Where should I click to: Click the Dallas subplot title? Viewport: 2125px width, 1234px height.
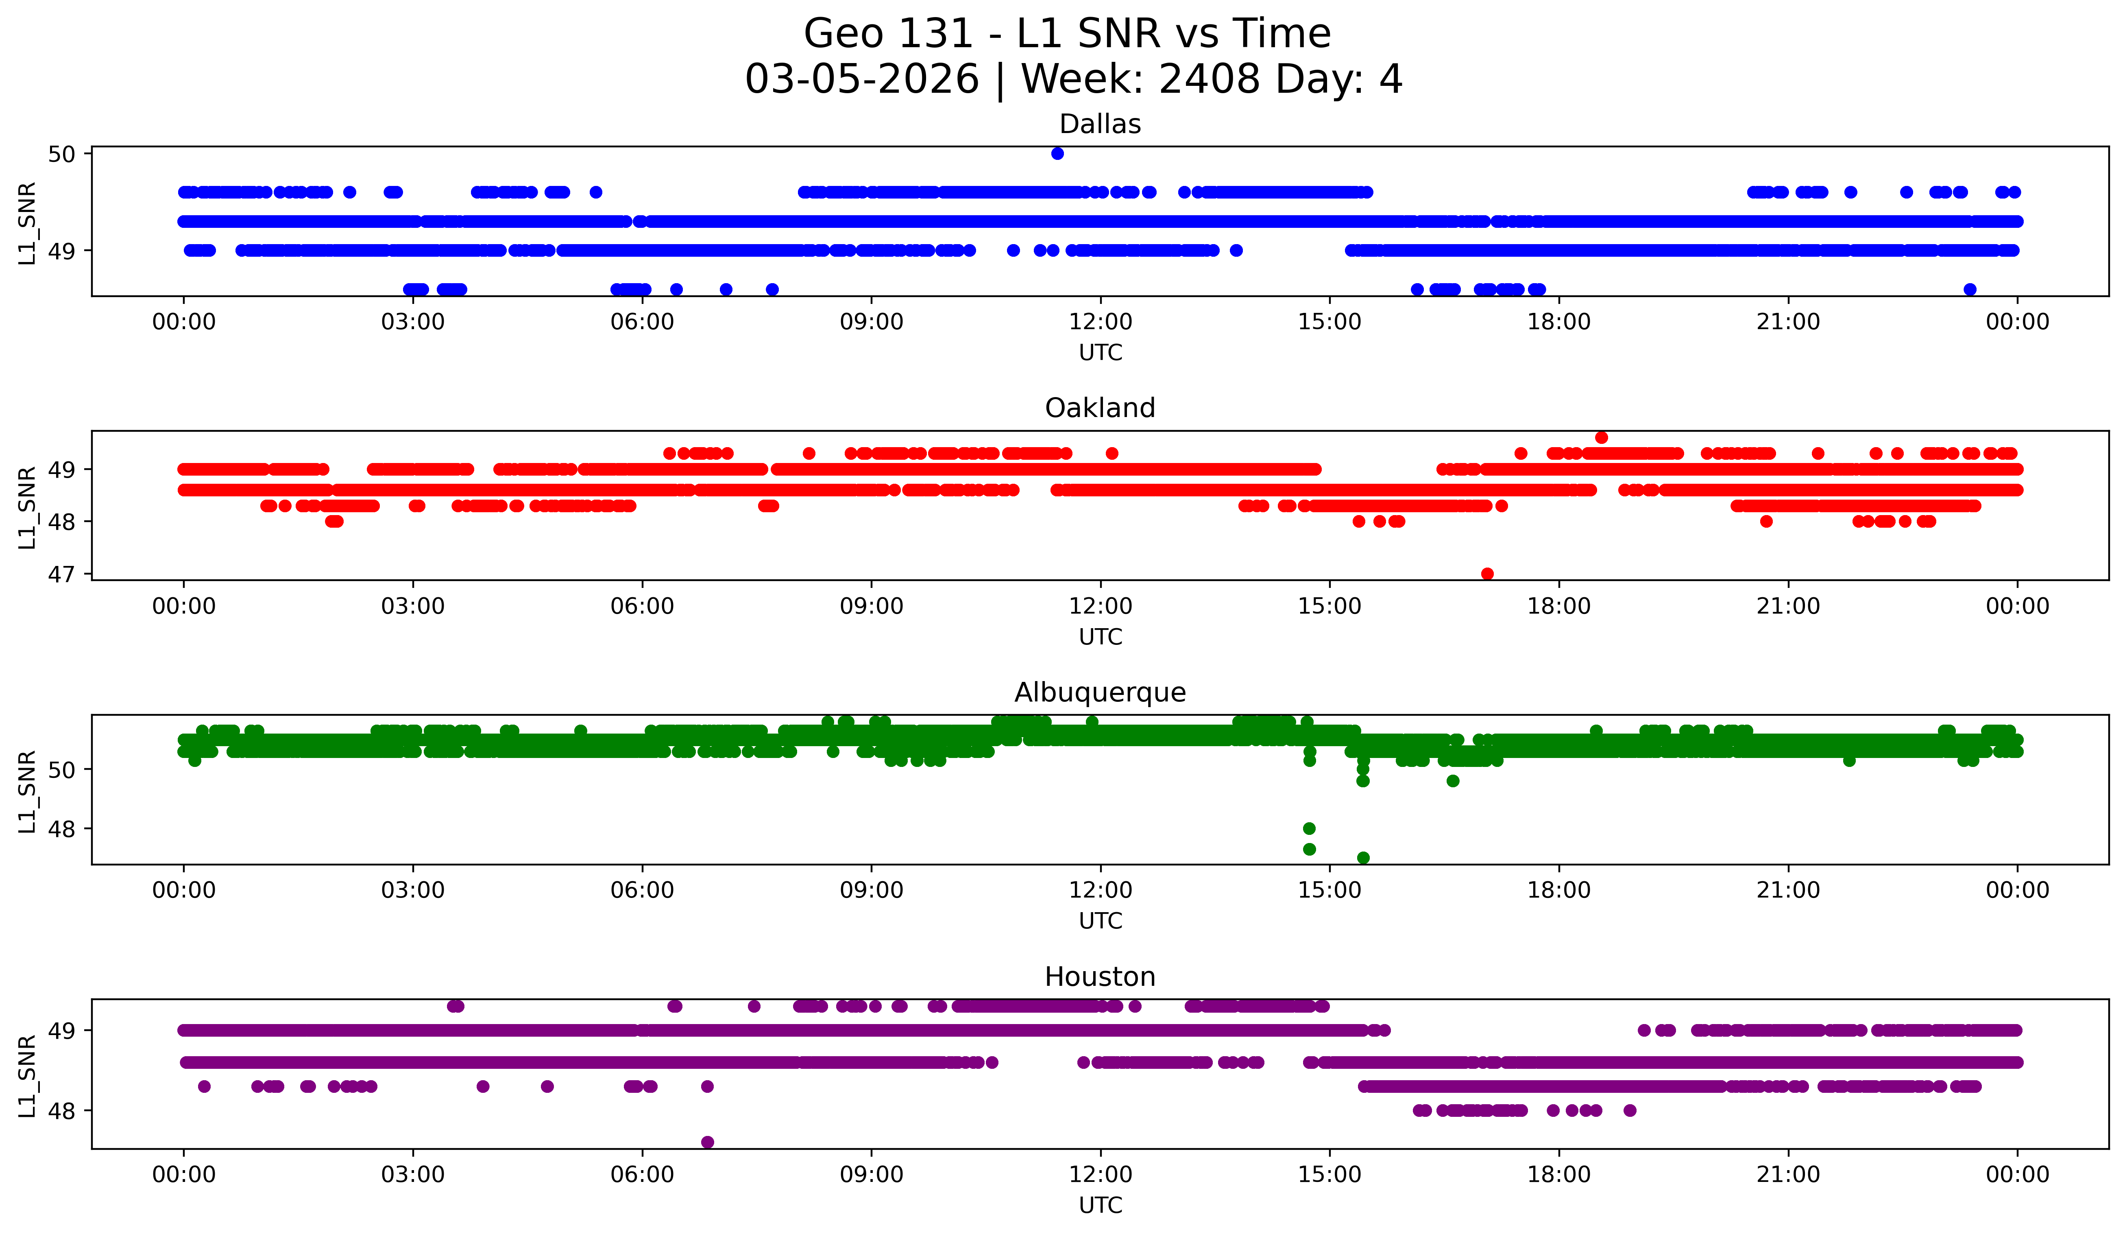point(1100,124)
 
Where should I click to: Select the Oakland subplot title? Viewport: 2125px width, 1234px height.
point(1100,408)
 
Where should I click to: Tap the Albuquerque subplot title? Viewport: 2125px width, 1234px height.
point(1100,692)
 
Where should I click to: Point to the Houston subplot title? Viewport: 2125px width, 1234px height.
point(1100,977)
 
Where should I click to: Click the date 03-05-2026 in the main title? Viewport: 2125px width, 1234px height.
point(862,79)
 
